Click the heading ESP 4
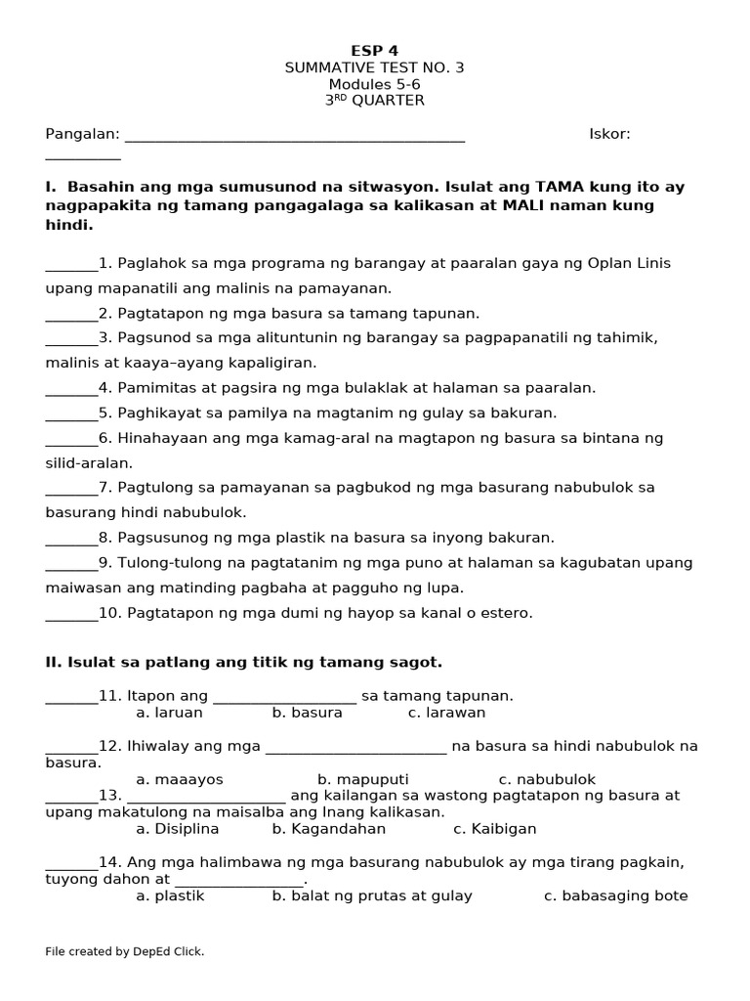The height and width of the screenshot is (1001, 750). [374, 51]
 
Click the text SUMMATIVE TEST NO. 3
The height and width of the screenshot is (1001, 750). [374, 67]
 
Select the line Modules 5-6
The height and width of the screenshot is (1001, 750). [374, 84]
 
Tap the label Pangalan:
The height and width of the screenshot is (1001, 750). [82, 134]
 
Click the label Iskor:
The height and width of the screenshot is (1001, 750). [609, 134]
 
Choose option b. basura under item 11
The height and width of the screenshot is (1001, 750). [307, 713]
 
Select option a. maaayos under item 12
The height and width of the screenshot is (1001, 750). [180, 779]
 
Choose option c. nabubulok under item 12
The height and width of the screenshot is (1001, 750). [547, 779]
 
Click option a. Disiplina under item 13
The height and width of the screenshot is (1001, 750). [178, 829]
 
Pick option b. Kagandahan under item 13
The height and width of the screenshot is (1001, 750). [329, 829]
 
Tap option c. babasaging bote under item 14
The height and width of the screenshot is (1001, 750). [615, 895]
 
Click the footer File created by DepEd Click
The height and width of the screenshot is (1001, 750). [125, 951]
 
